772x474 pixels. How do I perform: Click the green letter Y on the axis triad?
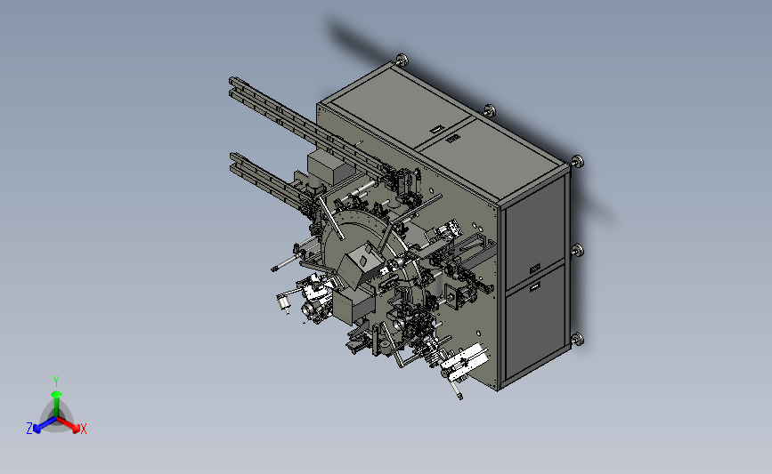pyautogui.click(x=55, y=382)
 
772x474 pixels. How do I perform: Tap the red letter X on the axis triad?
pyautogui.click(x=83, y=429)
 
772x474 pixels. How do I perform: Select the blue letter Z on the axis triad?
pyautogui.click(x=29, y=429)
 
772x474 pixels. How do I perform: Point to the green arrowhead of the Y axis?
pyautogui.click(x=56, y=394)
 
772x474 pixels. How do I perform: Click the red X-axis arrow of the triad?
pyautogui.click(x=68, y=424)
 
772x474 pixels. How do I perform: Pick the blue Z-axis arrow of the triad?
pyautogui.click(x=45, y=424)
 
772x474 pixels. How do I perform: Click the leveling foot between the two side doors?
pyautogui.click(x=578, y=251)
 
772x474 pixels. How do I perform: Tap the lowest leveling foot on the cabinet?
pyautogui.click(x=577, y=340)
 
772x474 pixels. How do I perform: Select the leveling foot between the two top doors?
pyautogui.click(x=490, y=110)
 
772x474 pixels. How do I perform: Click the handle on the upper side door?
pyautogui.click(x=534, y=269)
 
